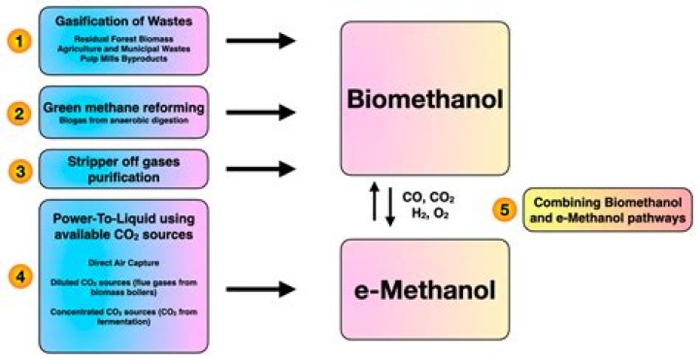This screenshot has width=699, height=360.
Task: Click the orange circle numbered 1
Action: (x=17, y=41)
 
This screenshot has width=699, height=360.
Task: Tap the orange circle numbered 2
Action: (x=17, y=113)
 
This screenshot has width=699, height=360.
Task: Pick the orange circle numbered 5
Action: (x=503, y=211)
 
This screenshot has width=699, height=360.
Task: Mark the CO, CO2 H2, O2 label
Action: (x=426, y=207)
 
